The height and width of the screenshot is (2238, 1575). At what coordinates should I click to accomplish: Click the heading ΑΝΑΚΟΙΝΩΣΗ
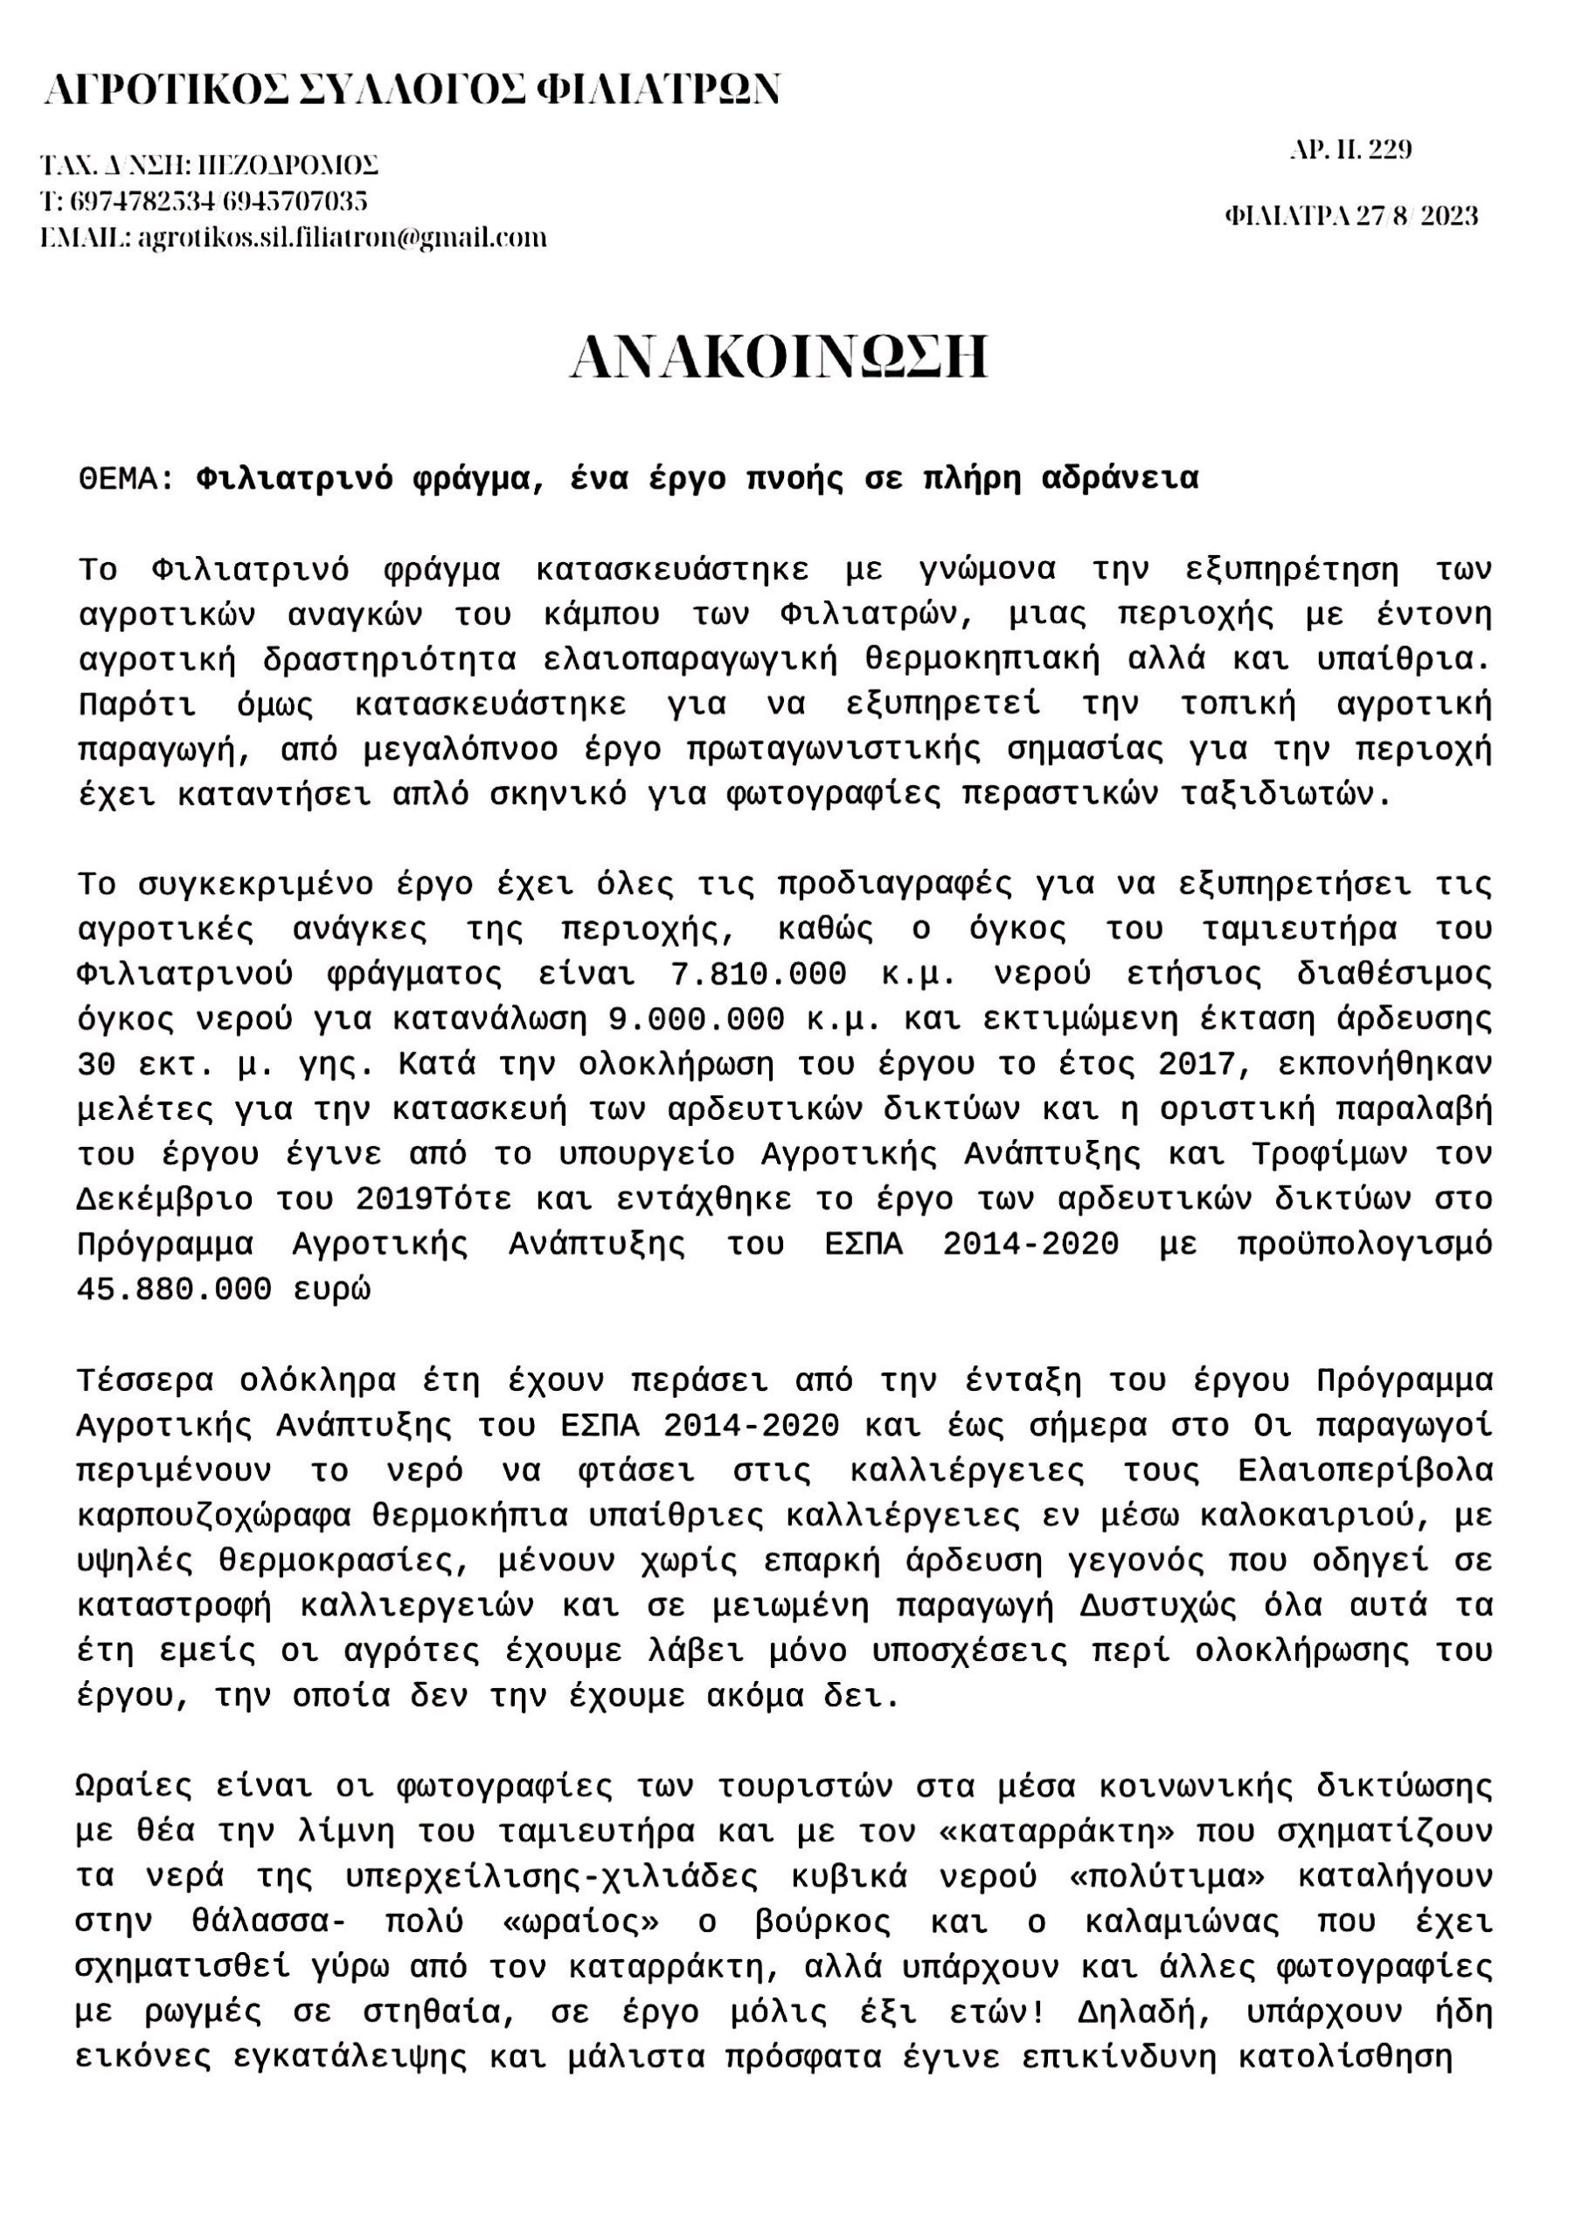(x=779, y=358)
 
